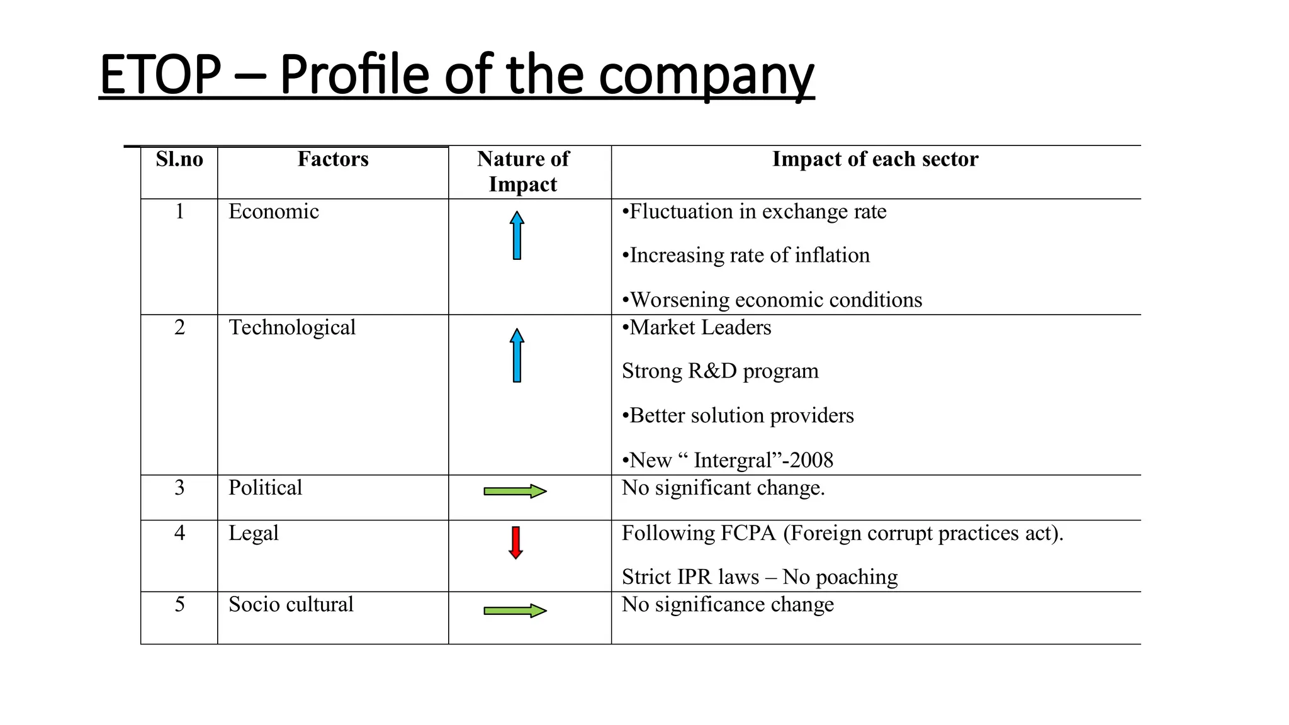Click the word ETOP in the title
(x=160, y=75)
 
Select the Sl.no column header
(x=179, y=159)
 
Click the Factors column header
(x=333, y=159)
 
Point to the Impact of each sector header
(x=875, y=159)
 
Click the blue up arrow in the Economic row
(x=517, y=235)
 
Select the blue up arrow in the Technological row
(x=517, y=355)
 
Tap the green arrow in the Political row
(x=515, y=492)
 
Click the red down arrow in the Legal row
(x=516, y=542)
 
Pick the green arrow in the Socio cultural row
(x=515, y=610)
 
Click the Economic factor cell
(x=274, y=211)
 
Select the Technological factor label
(x=292, y=327)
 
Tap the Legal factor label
(x=253, y=533)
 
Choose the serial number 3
(x=179, y=488)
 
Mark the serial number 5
(x=179, y=604)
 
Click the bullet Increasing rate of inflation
(x=746, y=256)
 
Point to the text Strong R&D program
(x=720, y=371)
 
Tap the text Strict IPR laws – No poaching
(x=760, y=577)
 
